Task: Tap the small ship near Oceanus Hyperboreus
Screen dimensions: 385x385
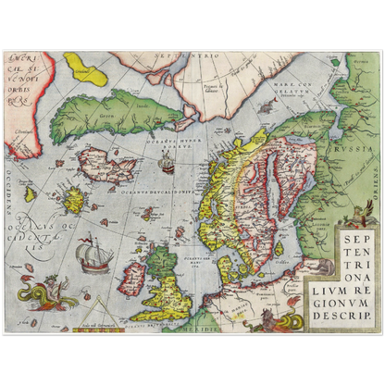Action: [x=166, y=164]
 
